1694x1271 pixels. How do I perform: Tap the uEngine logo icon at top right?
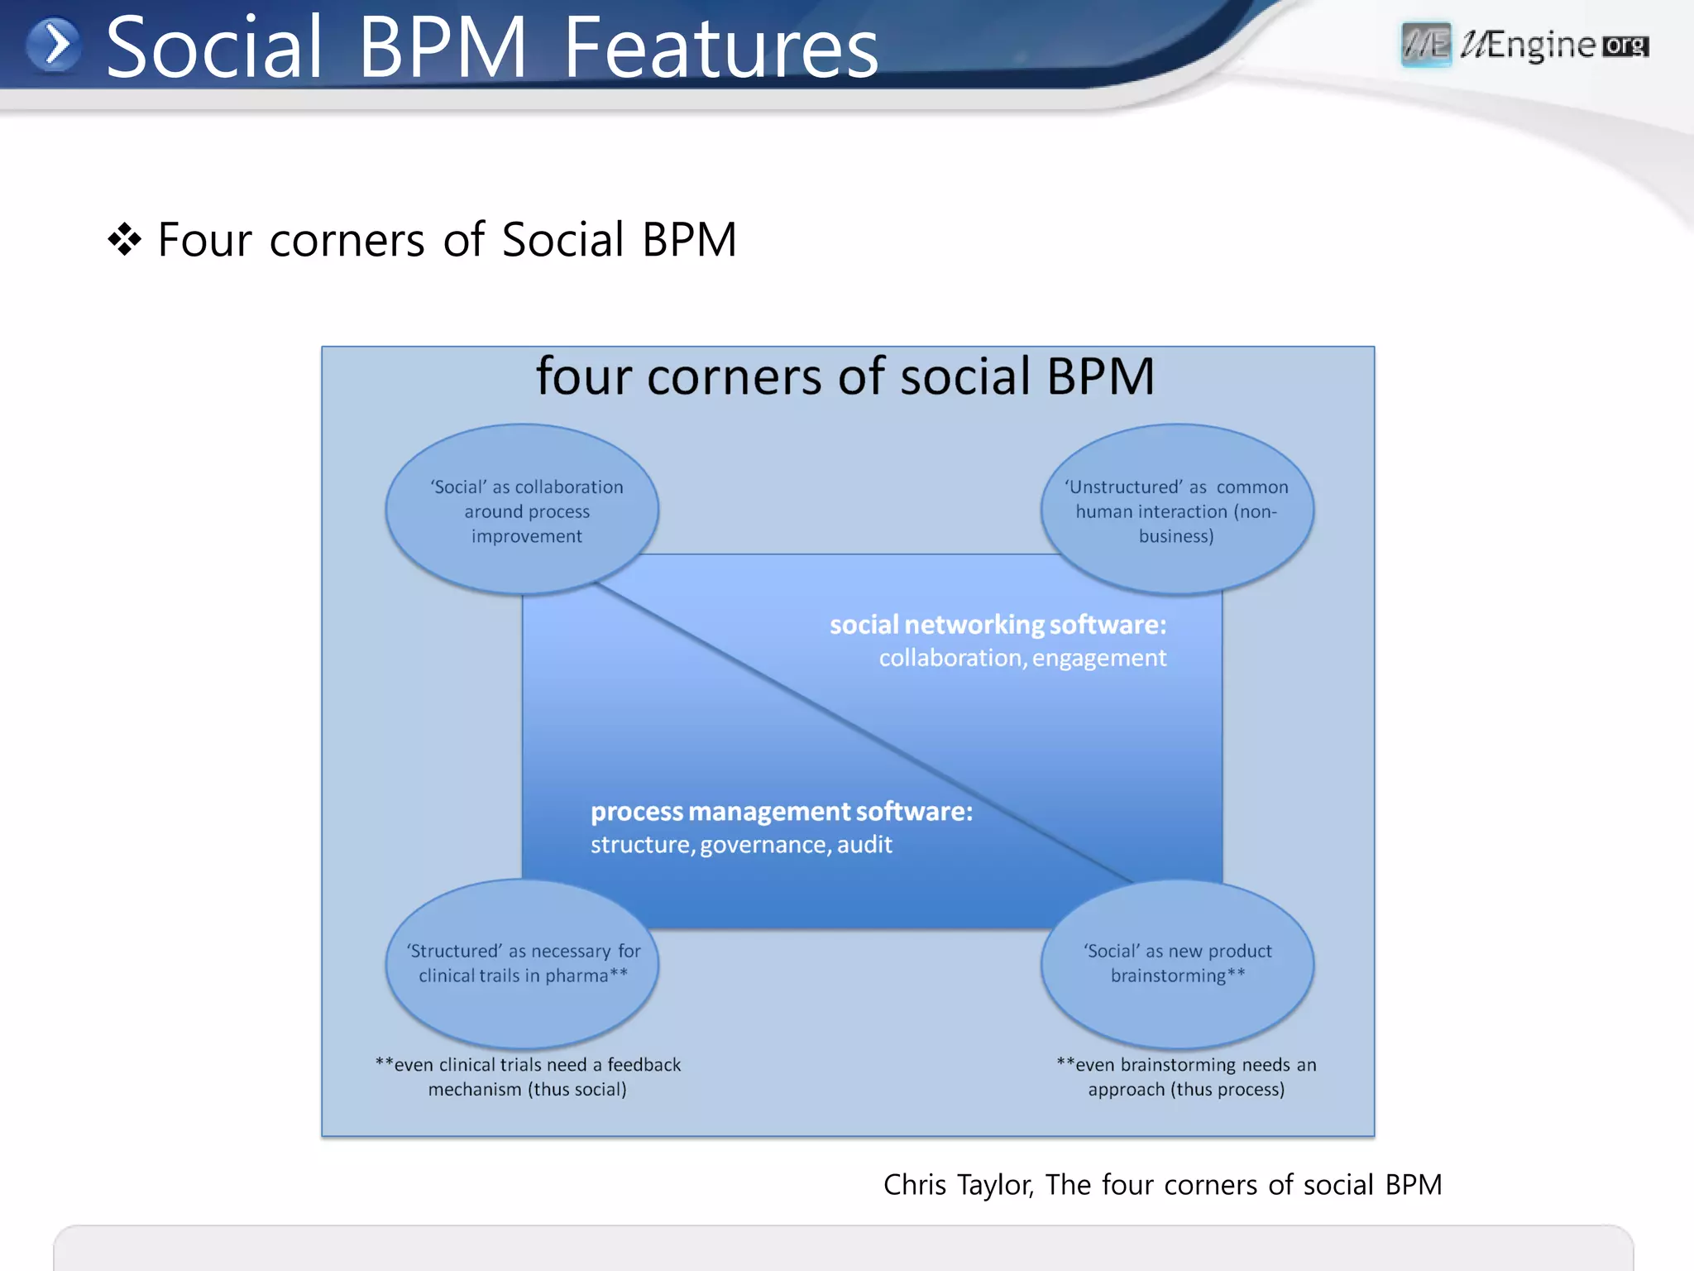1426,44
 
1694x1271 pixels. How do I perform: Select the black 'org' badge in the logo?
1625,46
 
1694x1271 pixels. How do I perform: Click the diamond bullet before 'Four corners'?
124,240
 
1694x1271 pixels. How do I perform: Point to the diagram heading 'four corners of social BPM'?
845,377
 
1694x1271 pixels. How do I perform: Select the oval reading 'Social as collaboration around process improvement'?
523,509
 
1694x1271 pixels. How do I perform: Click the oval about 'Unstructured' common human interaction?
1177,509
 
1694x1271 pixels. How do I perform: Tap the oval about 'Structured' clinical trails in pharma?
523,963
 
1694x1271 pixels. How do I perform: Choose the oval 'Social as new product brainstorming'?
1177,963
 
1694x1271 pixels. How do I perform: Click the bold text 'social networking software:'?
998,625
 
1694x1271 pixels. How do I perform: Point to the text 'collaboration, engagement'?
1022,658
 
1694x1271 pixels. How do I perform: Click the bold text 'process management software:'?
782,812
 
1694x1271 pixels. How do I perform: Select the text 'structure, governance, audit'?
741,845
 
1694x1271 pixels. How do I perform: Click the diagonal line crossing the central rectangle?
860,731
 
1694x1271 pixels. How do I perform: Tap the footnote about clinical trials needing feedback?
528,1077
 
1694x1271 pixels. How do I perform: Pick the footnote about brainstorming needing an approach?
1186,1077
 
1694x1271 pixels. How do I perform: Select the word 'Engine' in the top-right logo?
1540,45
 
